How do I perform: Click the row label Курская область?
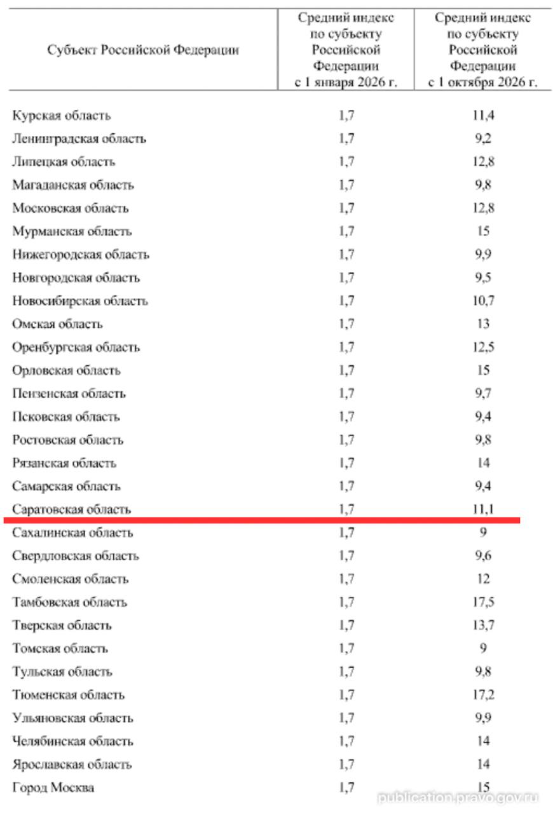pos(62,116)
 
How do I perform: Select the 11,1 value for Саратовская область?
pos(483,509)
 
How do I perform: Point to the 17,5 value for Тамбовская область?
pos(483,602)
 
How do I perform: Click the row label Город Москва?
pos(53,788)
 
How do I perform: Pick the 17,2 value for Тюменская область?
pos(483,695)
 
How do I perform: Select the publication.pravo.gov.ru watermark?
pos(458,798)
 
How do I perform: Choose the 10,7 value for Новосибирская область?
pos(483,301)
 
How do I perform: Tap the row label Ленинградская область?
pos(79,138)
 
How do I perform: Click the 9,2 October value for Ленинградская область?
pos(483,138)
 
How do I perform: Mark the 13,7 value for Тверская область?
pos(483,626)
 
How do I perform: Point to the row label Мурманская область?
pos(72,231)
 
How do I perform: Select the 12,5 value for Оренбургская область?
pos(483,347)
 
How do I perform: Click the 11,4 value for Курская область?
pos(483,116)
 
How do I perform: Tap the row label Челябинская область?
pos(73,741)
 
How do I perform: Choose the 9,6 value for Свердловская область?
pos(483,556)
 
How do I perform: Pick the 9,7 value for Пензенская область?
pos(483,394)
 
